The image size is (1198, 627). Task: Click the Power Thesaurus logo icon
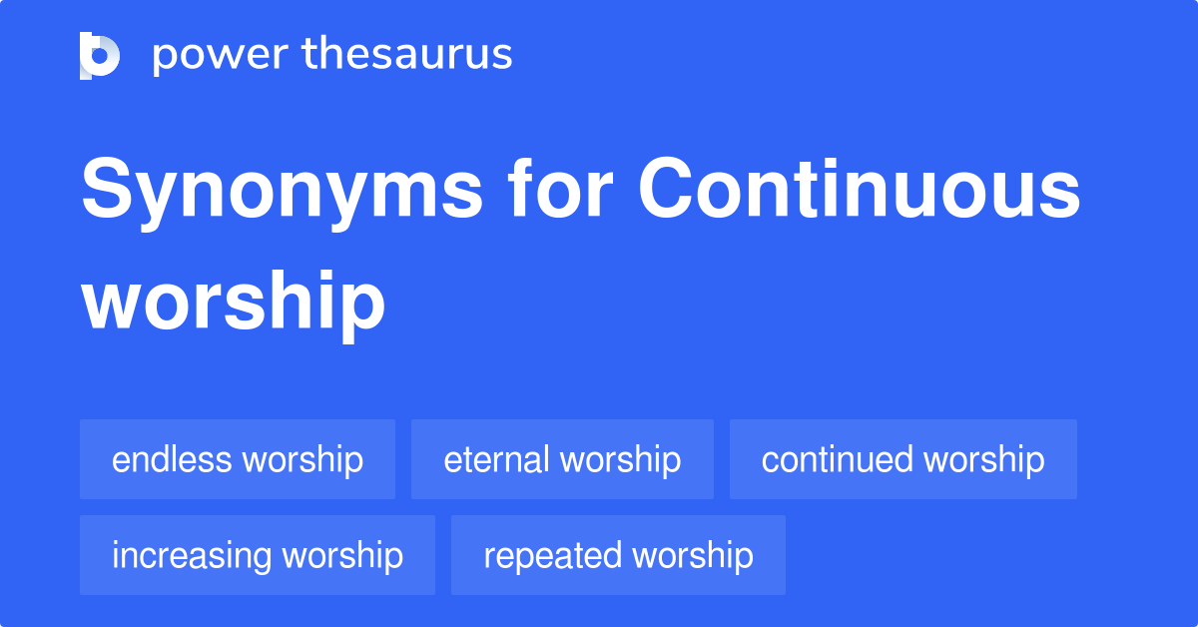point(100,55)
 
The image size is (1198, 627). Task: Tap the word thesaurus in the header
point(407,55)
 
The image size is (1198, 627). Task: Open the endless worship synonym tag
point(238,459)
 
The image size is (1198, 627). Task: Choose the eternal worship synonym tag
point(562,459)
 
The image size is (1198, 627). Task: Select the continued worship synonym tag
point(902,459)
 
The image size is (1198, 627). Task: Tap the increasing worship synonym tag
point(258,555)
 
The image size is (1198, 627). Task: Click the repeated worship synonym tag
point(618,555)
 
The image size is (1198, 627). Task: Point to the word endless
point(172,459)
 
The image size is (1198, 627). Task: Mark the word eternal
point(497,459)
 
